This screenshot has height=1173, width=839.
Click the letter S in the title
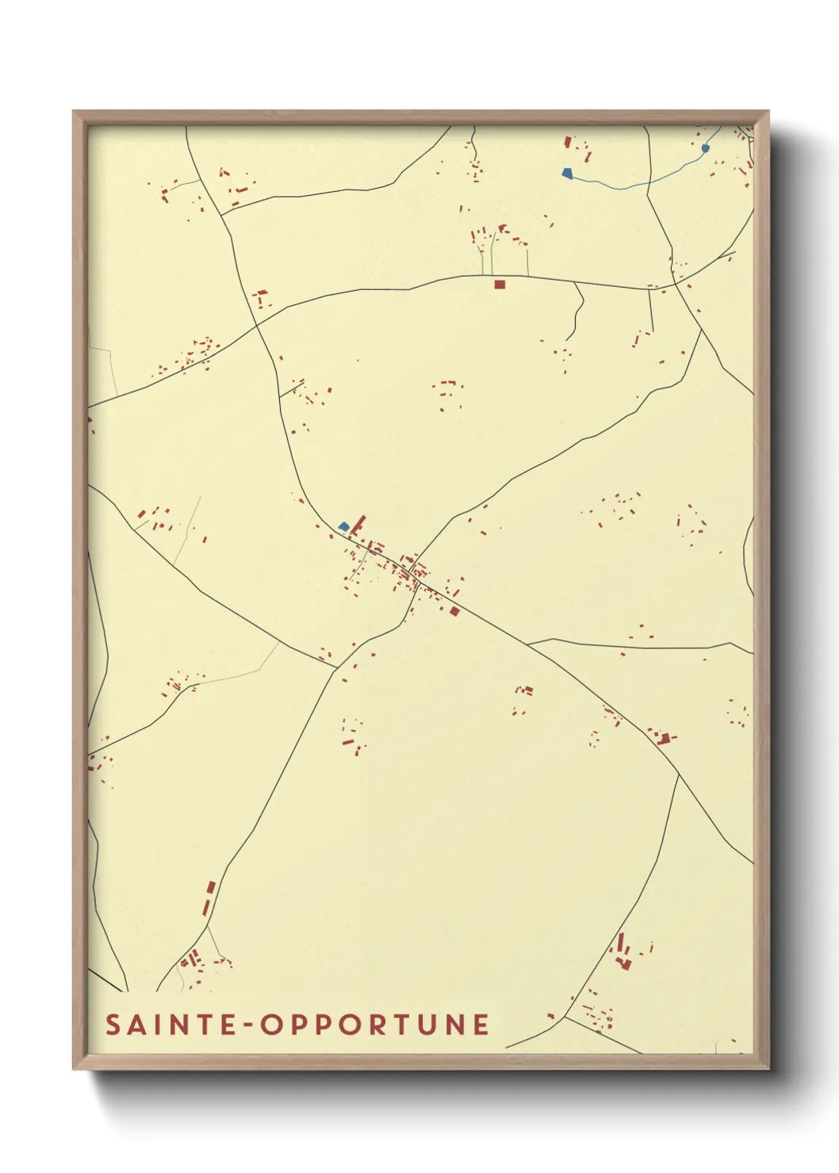coord(113,1024)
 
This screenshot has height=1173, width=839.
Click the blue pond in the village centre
coord(343,526)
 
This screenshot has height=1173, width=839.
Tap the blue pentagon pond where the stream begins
coord(567,173)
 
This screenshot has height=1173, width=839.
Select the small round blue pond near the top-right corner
coord(705,148)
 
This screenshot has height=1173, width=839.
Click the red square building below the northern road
coord(500,284)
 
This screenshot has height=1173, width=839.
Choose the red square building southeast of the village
coord(454,611)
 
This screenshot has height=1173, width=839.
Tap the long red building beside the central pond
coord(358,524)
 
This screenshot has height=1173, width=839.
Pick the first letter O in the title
coord(271,1024)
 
